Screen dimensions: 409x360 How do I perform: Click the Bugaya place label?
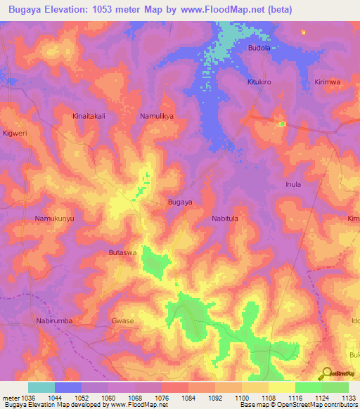180,202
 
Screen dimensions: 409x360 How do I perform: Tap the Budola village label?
259,48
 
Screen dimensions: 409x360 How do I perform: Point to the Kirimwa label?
328,82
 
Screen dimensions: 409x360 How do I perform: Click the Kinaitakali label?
89,116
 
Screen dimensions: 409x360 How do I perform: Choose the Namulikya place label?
156,116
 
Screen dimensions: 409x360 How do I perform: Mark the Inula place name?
293,185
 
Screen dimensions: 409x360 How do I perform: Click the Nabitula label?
226,219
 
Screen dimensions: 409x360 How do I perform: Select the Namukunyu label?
54,219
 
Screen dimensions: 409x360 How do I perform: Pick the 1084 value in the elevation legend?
188,398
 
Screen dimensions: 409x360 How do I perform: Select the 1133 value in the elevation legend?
349,398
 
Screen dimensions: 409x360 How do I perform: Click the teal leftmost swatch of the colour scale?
41,387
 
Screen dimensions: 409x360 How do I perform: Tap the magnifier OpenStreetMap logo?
326,374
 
